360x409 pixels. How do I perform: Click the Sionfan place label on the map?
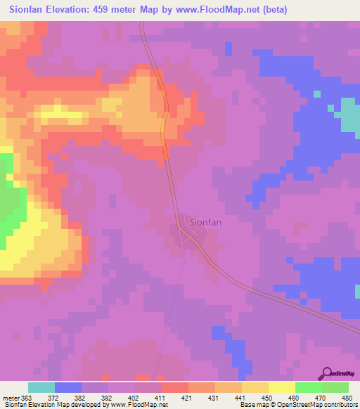(x=207, y=223)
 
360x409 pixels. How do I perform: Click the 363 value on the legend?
(x=27, y=398)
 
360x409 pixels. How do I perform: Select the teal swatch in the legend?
(x=41, y=387)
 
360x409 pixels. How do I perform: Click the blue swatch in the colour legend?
(x=67, y=387)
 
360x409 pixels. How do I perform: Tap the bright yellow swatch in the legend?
(x=281, y=387)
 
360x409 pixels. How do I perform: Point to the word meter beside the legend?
(x=10, y=398)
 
